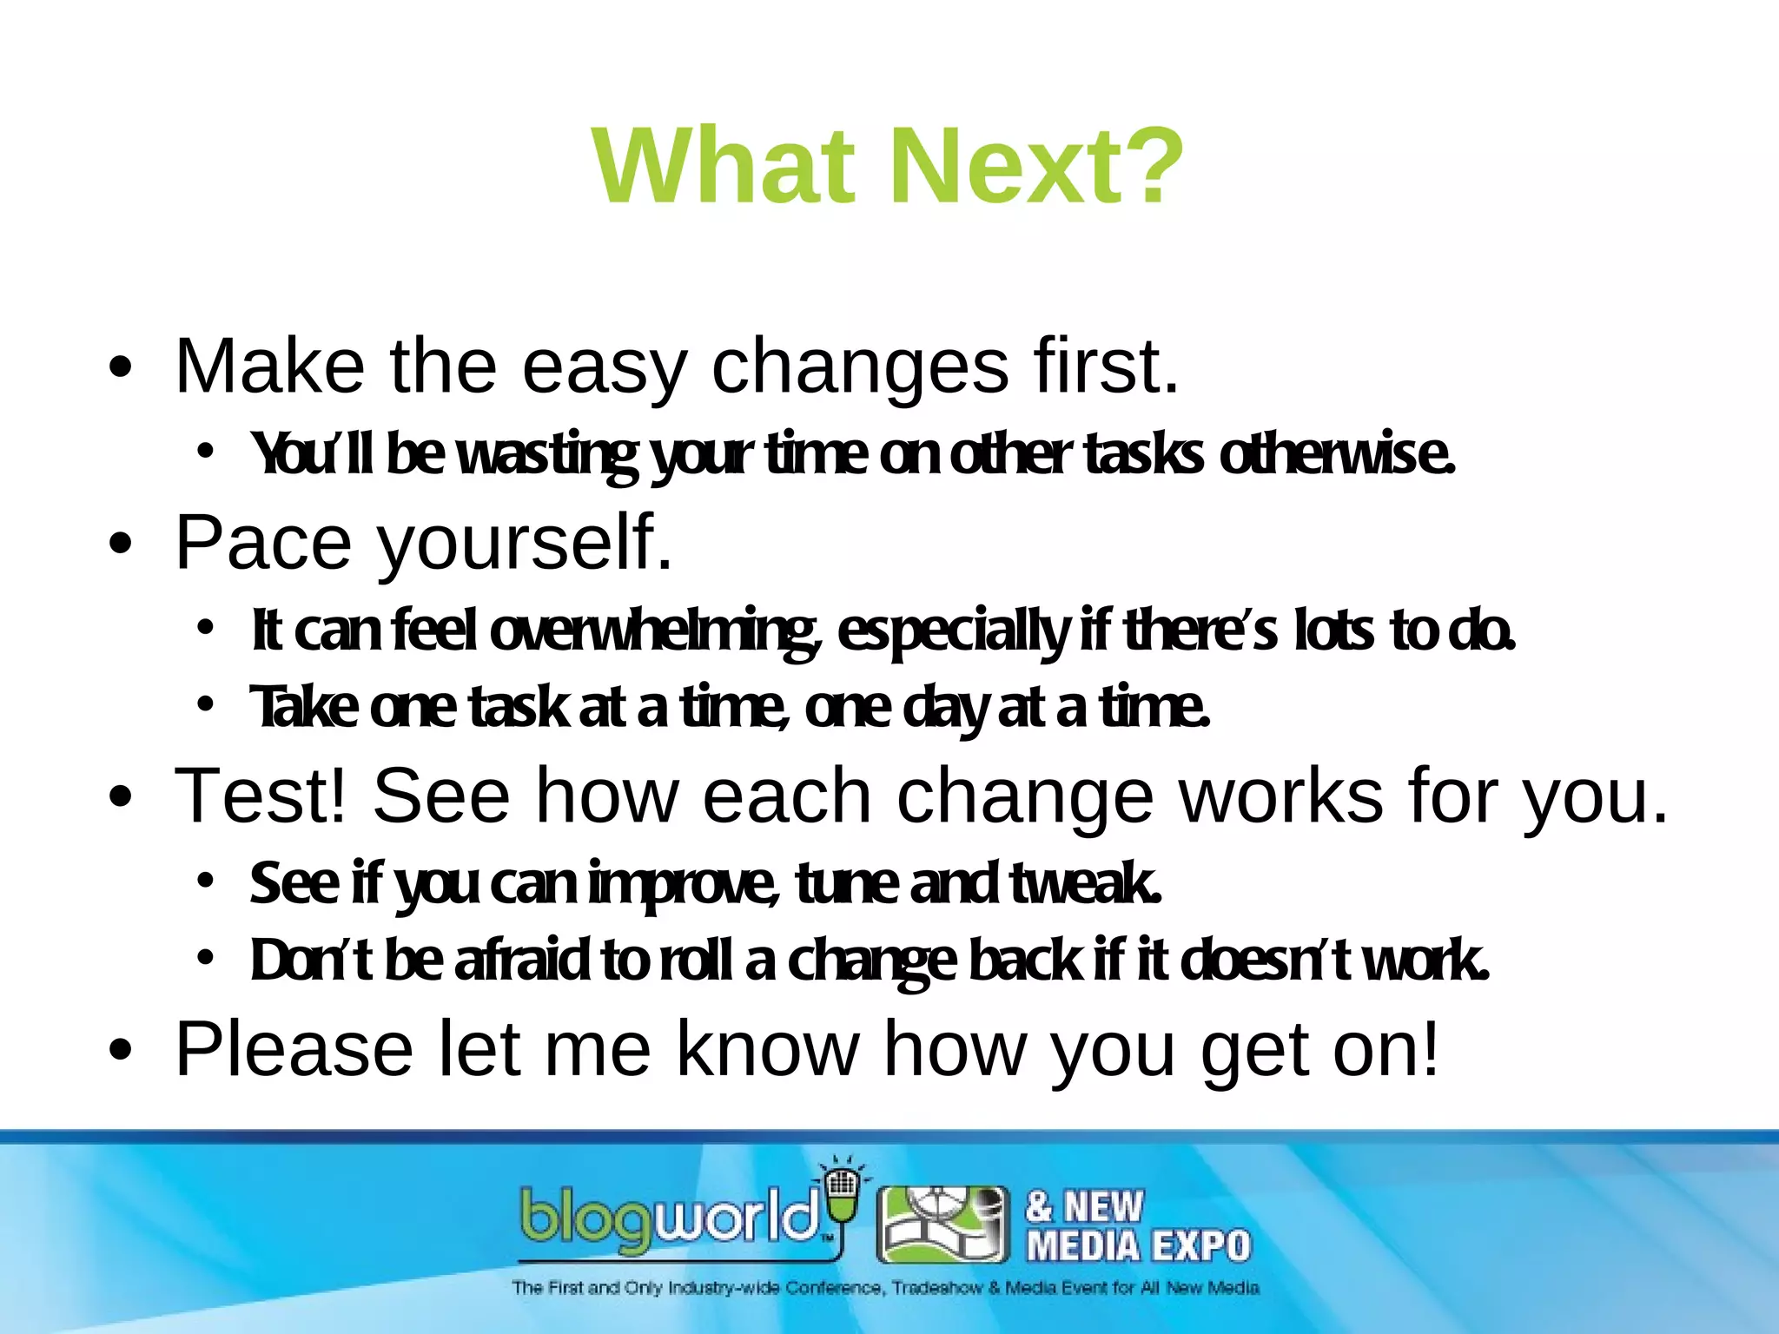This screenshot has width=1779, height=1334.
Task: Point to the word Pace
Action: coord(263,544)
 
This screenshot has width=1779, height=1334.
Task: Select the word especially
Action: coord(952,632)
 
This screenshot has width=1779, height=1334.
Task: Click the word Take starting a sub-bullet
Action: coord(303,708)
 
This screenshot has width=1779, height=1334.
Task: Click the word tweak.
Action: coord(1086,883)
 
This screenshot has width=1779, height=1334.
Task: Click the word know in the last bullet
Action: coord(767,1050)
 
